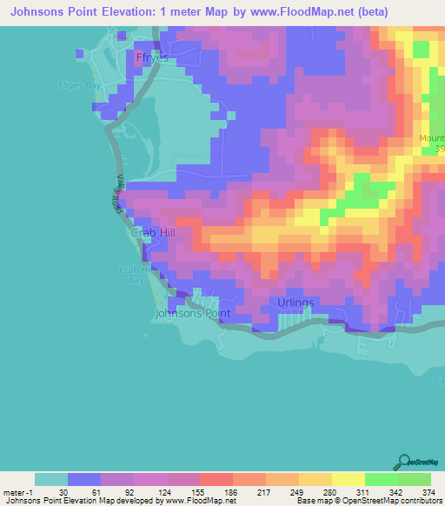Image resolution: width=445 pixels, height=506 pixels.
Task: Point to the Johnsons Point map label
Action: coord(189,312)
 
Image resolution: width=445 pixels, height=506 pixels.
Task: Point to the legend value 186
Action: coord(230,491)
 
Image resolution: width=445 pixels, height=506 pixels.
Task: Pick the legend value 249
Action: coord(297,491)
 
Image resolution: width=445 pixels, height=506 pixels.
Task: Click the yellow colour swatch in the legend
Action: coord(348,479)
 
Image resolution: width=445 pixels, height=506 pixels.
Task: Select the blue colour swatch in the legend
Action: coord(84,479)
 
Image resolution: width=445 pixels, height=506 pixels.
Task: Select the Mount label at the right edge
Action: coord(432,138)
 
